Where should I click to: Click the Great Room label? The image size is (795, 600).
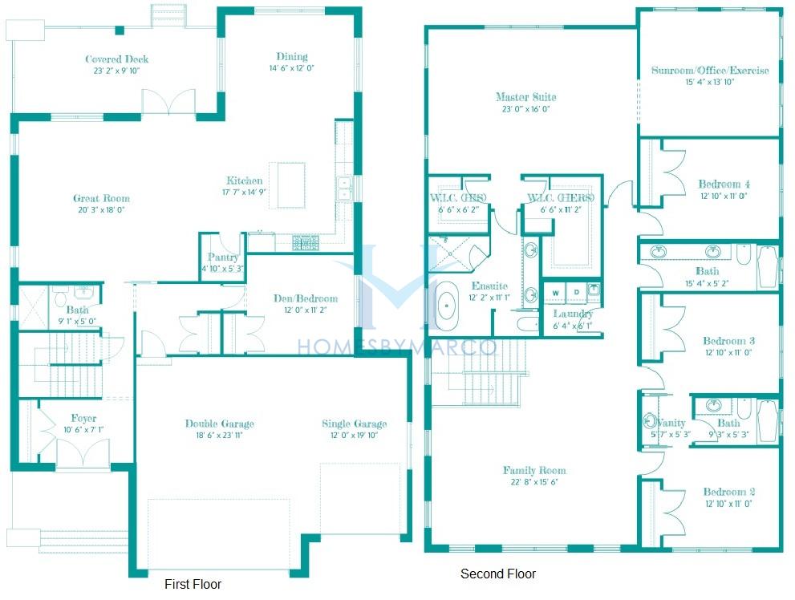[x=101, y=198]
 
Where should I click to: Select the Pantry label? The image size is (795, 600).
[x=222, y=257]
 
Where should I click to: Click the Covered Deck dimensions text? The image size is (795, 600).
[x=117, y=71]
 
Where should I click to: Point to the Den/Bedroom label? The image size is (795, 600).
[x=305, y=298]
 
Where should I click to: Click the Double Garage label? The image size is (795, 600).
[x=219, y=424]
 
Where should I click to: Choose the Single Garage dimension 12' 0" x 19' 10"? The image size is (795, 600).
[x=354, y=436]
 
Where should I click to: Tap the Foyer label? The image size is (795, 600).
[x=83, y=418]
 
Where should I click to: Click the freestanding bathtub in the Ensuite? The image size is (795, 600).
[x=445, y=308]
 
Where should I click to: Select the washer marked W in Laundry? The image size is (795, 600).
[x=556, y=292]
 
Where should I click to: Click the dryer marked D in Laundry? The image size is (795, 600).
[x=575, y=292]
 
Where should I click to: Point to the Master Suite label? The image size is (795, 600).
[x=525, y=97]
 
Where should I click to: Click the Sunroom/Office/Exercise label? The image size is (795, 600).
[x=709, y=70]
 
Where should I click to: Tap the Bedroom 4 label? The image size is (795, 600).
[x=724, y=184]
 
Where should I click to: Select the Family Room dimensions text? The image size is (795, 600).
[x=534, y=482]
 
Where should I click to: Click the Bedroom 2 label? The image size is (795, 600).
[x=728, y=492]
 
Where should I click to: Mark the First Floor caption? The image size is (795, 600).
[x=193, y=584]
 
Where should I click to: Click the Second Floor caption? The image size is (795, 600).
[x=497, y=574]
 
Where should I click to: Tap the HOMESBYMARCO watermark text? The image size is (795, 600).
[x=397, y=347]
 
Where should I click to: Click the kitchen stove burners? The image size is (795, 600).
[x=305, y=241]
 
